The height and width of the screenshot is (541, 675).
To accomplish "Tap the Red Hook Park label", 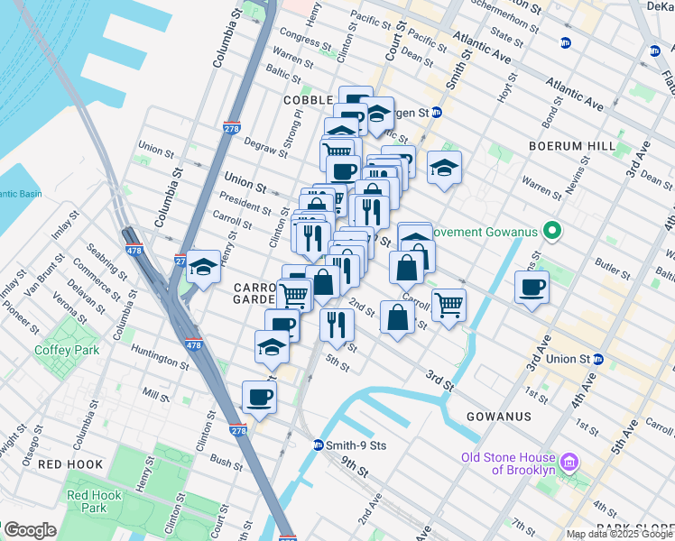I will pos(88,501).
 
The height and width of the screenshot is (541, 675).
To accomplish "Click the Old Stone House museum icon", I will pos(569,463).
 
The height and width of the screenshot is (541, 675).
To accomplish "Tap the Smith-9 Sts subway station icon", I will pos(318,445).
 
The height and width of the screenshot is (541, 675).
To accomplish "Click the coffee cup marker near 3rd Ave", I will pos(532,288).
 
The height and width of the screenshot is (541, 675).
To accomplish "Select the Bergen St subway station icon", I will pos(436,113).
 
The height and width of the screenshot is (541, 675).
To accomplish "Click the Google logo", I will pos(30,530).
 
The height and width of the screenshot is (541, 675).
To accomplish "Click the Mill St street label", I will pos(155,395).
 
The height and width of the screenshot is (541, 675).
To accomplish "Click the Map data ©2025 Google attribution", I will pos(618,534).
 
